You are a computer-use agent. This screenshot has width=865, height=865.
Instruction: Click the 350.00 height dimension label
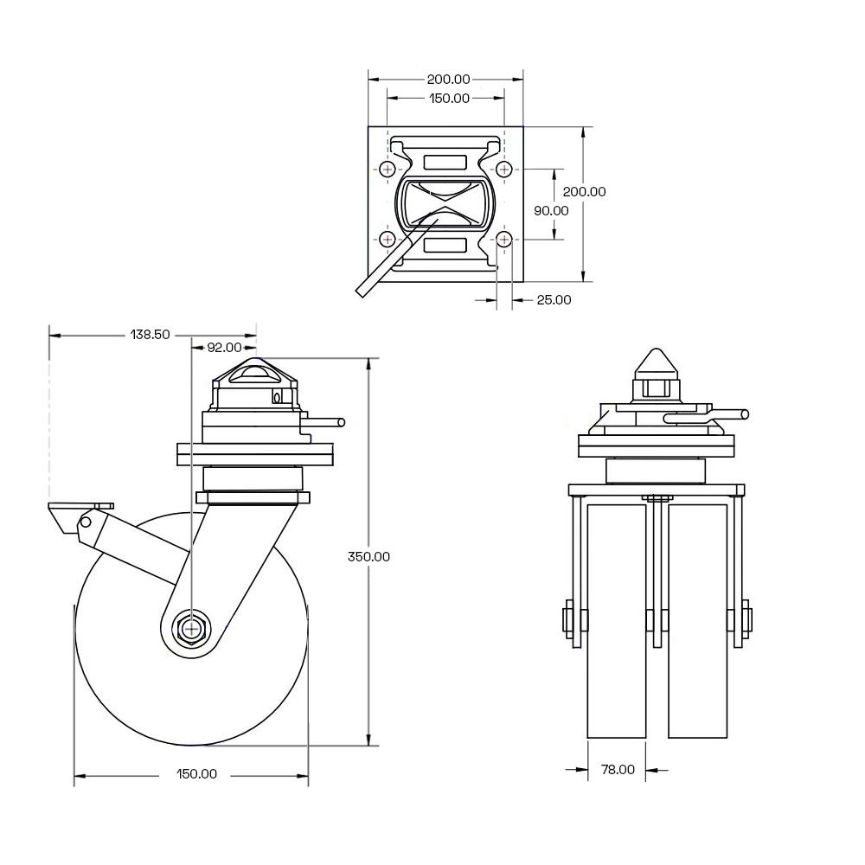pos(368,556)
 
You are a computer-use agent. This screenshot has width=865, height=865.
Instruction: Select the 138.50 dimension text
pos(150,335)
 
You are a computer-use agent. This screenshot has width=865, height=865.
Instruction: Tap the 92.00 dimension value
pos(224,348)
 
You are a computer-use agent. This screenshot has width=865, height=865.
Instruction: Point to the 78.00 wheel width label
pos(618,770)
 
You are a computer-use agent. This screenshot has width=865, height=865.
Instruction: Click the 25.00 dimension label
pos(554,300)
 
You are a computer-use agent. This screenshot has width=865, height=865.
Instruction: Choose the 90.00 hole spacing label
pos(551,211)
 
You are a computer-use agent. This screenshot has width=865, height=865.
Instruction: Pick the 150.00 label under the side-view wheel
pos(196,774)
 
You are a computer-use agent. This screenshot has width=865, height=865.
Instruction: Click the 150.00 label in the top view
pos(449,99)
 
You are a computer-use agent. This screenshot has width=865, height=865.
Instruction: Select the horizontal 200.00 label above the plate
pos(448,80)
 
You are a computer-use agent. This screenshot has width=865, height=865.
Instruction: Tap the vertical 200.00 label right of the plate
pos(584,191)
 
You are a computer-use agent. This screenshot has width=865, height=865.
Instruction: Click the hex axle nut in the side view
pos(190,628)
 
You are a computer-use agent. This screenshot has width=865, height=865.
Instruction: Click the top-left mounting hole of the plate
pos(388,169)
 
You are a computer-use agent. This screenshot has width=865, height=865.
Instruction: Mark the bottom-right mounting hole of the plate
pos(504,240)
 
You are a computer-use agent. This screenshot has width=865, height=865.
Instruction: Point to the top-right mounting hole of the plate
pos(504,169)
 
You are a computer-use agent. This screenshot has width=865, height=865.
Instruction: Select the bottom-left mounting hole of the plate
pos(388,240)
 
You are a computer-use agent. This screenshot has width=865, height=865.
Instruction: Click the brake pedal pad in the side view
pos(80,506)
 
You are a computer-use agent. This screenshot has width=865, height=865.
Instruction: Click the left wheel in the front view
pos(617,620)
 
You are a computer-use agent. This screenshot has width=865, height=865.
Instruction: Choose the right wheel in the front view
pos(697,620)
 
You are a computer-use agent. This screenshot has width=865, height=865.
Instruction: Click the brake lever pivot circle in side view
pos(86,522)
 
